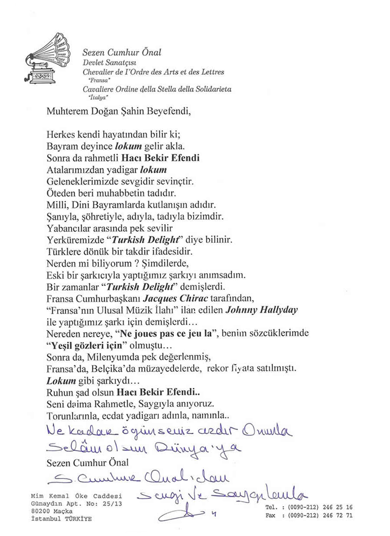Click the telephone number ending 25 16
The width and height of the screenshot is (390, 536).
321,507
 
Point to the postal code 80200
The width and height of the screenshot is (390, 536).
40,511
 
